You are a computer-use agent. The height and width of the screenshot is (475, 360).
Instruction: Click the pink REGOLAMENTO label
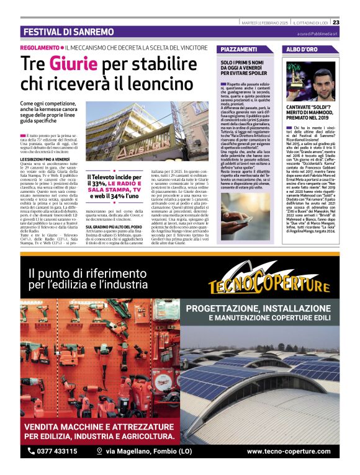click(38, 48)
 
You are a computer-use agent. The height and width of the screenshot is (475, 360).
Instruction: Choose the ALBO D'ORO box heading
click(302, 49)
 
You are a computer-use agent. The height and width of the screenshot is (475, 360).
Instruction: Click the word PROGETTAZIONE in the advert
click(224, 308)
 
